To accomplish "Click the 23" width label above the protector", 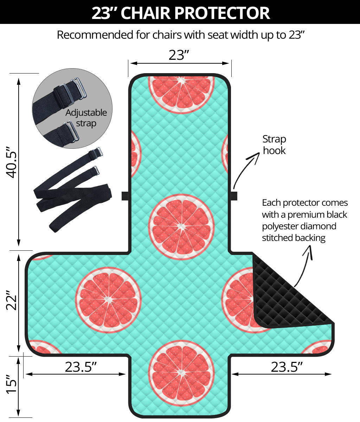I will [179, 55].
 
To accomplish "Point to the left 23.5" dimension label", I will [81, 367].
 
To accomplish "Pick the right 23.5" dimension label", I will [287, 367].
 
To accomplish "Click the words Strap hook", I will [274, 145].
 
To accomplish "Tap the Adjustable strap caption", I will [86, 118].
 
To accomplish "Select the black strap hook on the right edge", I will [234, 196].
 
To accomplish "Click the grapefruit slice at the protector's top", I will [181, 93].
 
